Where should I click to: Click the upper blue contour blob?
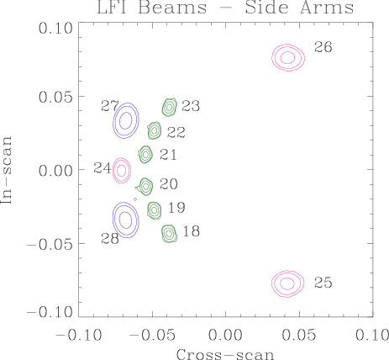coord(125,120)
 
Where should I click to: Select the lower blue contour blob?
coord(125,220)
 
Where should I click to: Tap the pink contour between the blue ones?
coord(122,171)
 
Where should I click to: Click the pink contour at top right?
coord(287,57)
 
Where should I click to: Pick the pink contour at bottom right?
coord(287,283)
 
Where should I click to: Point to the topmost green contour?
coord(170,107)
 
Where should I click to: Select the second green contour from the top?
coord(155,130)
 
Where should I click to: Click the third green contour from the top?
coord(145,155)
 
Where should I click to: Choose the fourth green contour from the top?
coord(145,186)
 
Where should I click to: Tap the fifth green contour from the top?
coord(155,210)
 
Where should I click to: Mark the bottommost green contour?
coord(169,233)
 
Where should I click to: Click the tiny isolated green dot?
coord(135,199)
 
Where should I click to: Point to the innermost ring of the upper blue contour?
coord(125,120)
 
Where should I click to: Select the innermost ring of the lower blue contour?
coord(125,220)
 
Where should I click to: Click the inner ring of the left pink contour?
coord(122,171)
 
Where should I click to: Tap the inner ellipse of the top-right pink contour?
coord(287,57)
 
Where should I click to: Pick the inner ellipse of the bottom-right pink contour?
coord(287,283)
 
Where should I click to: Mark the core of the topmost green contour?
coord(170,107)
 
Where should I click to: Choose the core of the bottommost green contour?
coord(169,233)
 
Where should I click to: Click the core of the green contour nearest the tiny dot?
coord(145,186)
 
